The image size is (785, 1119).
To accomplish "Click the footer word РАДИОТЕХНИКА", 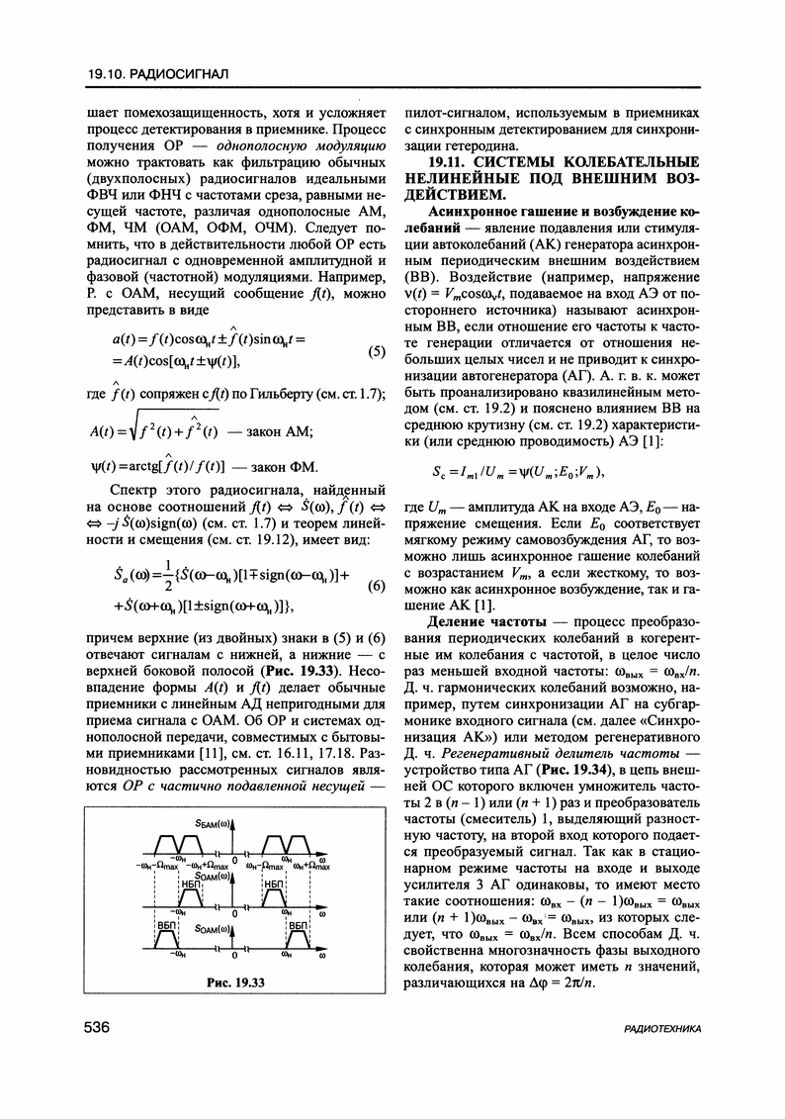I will (x=663, y=1030).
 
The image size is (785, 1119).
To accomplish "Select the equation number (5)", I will (x=376, y=351).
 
